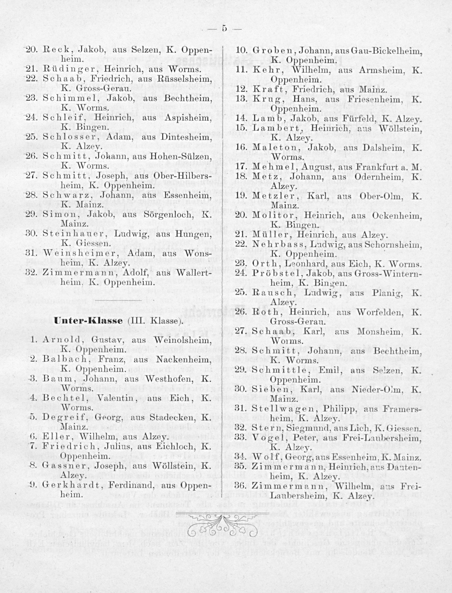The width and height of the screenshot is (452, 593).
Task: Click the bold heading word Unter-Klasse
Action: [x=88, y=321]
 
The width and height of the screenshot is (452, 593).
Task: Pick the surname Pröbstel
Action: [x=277, y=274]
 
